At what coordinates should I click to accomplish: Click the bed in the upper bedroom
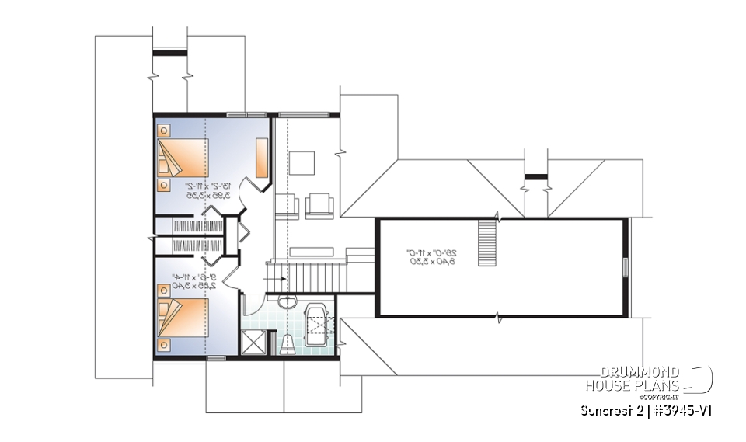[x=183, y=158]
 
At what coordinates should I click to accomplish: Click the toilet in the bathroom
[x=286, y=343]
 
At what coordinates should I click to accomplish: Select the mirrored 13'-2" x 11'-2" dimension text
[x=200, y=191]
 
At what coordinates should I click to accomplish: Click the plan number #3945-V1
[x=680, y=410]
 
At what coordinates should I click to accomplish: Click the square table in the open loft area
[x=302, y=164]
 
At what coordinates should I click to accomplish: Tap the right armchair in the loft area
[x=319, y=204]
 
